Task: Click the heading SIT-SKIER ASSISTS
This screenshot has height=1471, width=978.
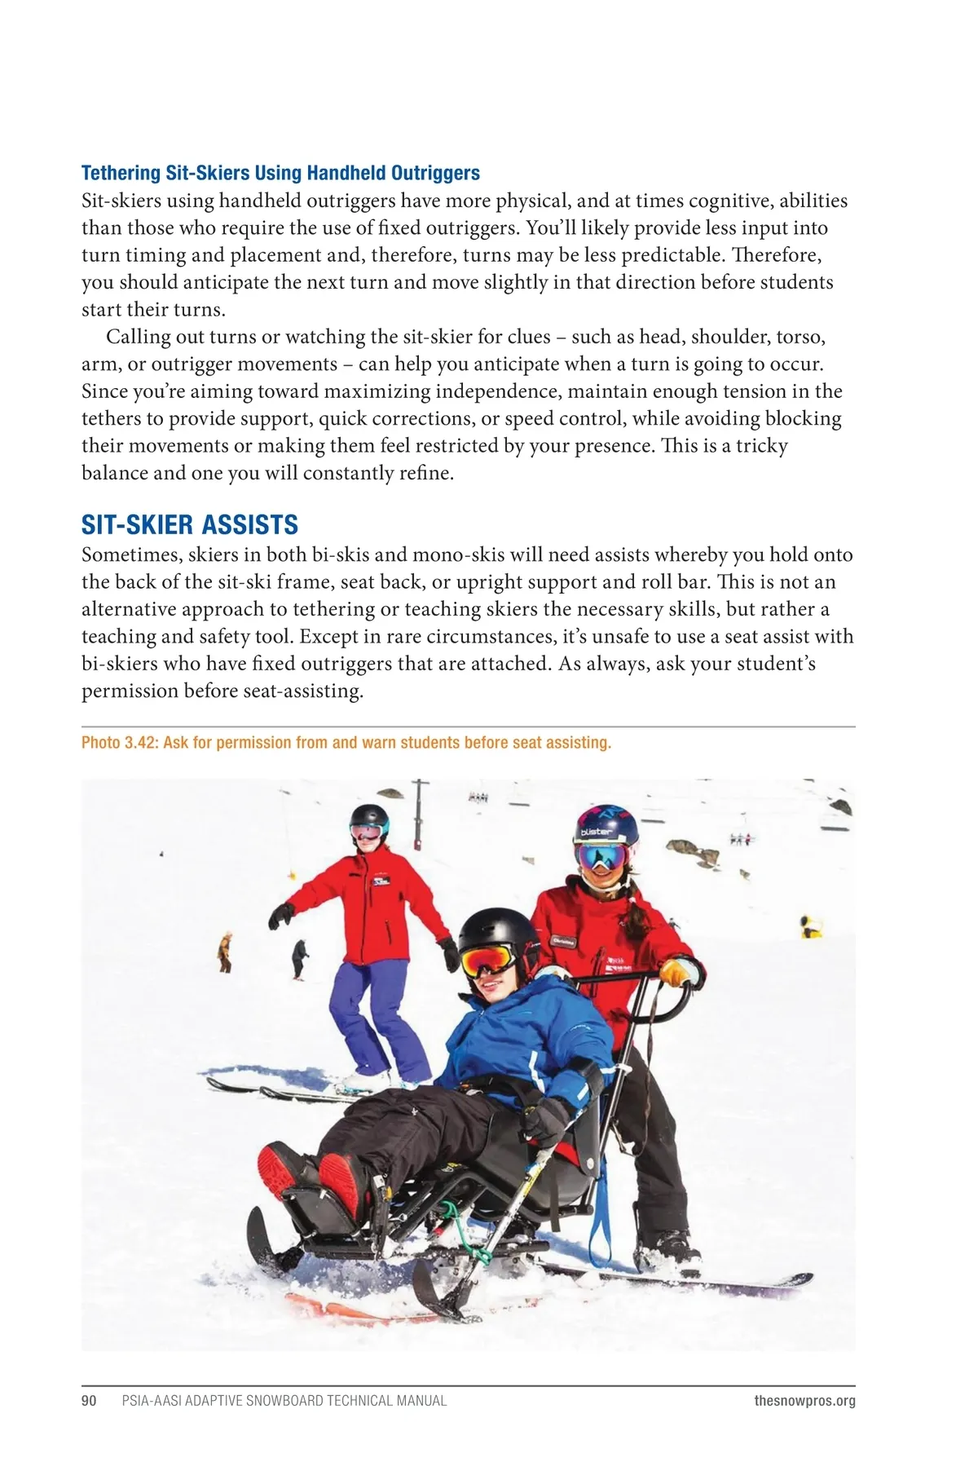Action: [189, 524]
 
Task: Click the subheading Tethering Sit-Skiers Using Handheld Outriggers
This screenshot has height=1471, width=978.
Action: [280, 173]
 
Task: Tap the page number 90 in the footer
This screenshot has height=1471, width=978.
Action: [89, 1400]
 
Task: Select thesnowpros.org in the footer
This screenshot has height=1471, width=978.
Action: [804, 1400]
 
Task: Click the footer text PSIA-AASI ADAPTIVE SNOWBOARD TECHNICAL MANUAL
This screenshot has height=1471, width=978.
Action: [284, 1400]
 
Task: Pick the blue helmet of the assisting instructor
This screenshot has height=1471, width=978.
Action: [605, 825]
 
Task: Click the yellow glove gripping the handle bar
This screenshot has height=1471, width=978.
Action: [676, 972]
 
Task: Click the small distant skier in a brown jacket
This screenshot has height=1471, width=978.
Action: [225, 951]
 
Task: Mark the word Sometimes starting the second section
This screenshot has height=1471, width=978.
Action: [132, 554]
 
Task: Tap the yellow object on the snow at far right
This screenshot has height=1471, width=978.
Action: [810, 927]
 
